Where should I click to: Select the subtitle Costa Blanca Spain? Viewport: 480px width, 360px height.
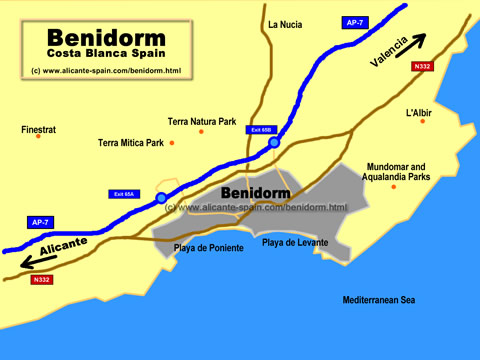coord(96,54)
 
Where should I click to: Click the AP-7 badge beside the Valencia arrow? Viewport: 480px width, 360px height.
coord(354,21)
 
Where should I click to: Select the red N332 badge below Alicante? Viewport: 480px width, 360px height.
coord(41,280)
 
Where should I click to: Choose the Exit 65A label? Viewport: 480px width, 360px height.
coord(124,193)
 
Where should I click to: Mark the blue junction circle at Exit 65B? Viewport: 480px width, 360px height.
coord(274,143)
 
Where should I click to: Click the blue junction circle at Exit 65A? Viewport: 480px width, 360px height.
coord(162,199)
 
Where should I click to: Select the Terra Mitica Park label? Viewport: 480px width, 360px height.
coord(130,143)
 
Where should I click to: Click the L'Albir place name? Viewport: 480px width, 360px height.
coord(418,113)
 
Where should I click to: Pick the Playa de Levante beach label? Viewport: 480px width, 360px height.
coord(295,242)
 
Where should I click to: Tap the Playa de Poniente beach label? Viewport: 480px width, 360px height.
coord(208,248)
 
